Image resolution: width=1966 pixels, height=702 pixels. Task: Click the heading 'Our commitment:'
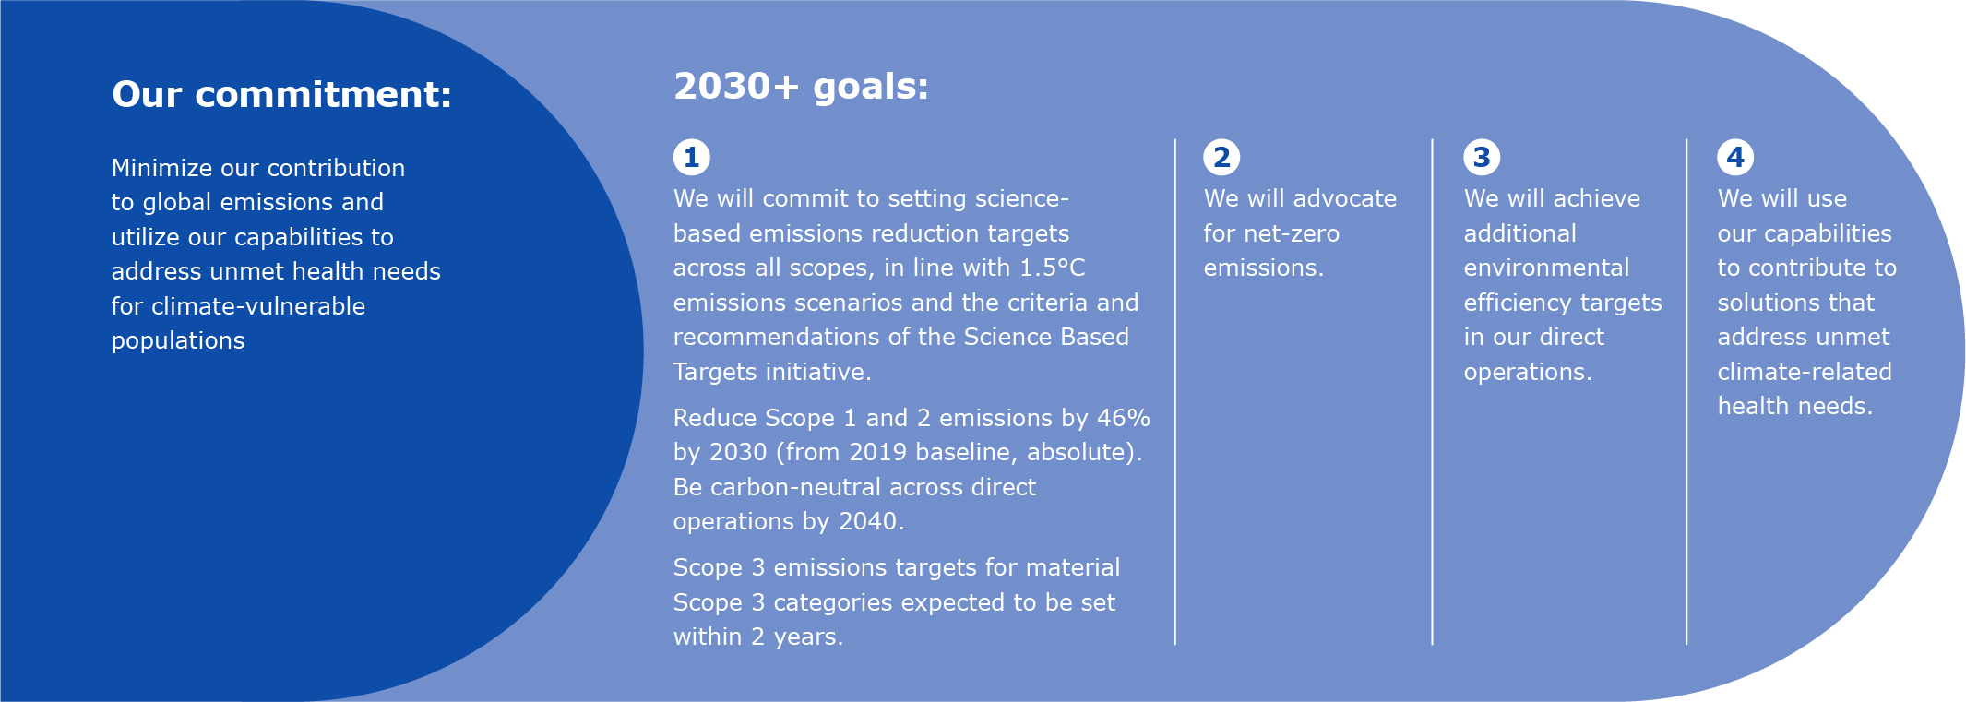coord(281,94)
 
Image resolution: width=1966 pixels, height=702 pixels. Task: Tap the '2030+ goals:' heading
coord(801,87)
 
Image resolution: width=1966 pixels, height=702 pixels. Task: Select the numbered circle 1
coord(691,157)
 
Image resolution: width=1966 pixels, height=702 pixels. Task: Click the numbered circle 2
coord(1221,157)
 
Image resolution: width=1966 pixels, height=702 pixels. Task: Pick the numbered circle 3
coord(1482,157)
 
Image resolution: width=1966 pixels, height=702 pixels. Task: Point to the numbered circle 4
coord(1735,157)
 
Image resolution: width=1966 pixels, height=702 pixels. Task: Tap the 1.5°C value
coord(1052,268)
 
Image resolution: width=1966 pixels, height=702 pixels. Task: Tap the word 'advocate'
coord(1345,198)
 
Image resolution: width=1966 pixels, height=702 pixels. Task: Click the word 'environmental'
coord(1546,268)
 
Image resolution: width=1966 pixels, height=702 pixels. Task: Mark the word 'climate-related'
coord(1805,372)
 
